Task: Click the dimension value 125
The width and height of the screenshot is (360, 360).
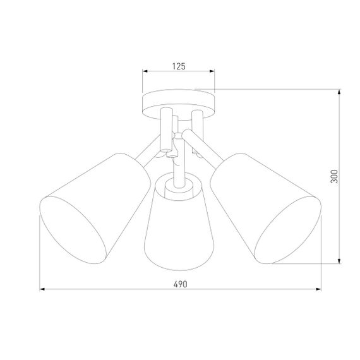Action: click(179, 65)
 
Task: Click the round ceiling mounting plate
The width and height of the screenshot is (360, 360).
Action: click(179, 103)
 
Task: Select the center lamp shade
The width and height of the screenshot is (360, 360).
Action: click(178, 221)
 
